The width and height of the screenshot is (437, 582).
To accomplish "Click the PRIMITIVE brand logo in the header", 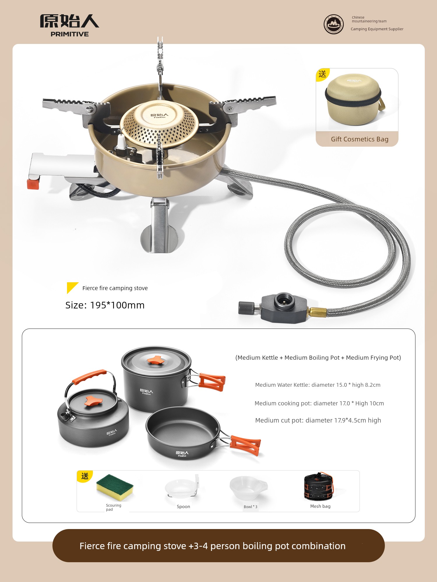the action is (70, 26).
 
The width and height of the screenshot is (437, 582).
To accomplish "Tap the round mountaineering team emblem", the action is (334, 24).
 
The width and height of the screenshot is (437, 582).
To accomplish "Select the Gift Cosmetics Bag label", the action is (360, 139).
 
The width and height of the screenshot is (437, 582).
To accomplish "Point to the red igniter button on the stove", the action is (33, 184).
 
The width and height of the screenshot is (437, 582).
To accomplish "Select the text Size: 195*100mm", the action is (105, 305).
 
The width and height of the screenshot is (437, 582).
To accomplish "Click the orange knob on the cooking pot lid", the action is (156, 360).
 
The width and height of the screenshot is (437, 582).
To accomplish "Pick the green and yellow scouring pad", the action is (114, 487).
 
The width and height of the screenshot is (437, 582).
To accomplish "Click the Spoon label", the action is (183, 507).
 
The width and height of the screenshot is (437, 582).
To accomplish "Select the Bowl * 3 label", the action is (251, 507).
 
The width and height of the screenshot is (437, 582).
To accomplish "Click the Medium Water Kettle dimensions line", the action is (318, 385).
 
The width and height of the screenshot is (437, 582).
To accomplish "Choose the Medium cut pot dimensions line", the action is (318, 420).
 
